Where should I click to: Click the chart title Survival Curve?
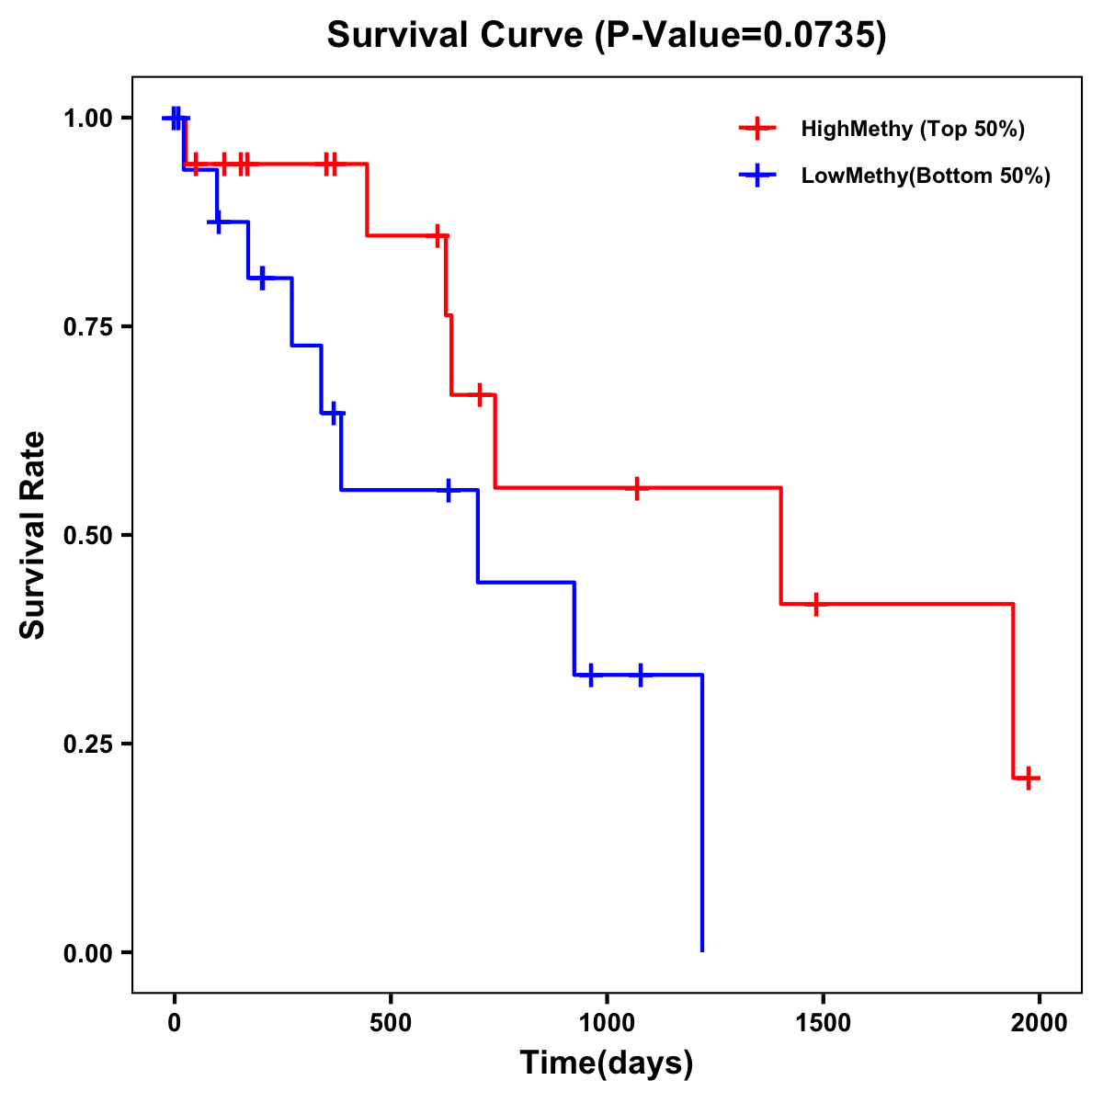[456, 36]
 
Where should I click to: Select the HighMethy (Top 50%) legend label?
[912, 129]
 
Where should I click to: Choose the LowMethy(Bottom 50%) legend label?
[926, 176]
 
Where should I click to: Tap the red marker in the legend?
[757, 129]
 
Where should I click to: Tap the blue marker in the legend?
[757, 176]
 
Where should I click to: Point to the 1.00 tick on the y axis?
[87, 118]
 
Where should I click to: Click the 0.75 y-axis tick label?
[87, 326]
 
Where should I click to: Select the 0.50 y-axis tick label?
[87, 535]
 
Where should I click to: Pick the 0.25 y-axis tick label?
[87, 744]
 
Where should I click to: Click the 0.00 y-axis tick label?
[87, 952]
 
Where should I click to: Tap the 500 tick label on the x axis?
[391, 1023]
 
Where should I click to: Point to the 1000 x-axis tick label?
[607, 1023]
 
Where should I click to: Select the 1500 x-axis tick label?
[823, 1023]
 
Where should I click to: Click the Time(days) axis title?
[607, 1063]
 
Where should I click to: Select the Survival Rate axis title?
[33, 535]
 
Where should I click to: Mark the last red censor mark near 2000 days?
[1029, 778]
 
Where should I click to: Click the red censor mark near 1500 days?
[815, 604]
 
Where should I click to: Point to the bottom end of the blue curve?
[702, 949]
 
